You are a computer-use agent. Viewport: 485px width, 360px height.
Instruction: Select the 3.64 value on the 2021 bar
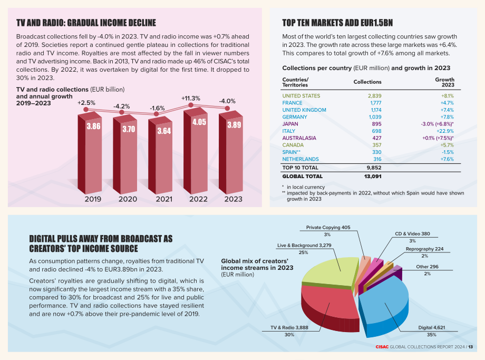pyautogui.click(x=164, y=131)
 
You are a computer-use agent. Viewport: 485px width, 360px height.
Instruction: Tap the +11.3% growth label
pyautogui.click(x=190, y=99)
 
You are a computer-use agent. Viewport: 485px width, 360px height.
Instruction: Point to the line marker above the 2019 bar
pyautogui.click(x=86, y=109)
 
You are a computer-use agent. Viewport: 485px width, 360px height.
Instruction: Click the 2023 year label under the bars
pyautogui.click(x=233, y=199)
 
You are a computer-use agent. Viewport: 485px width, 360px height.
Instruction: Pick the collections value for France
pyautogui.click(x=376, y=103)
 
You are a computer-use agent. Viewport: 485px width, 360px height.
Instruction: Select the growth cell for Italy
pyautogui.click(x=445, y=131)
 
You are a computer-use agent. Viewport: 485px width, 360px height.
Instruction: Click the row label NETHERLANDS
pyautogui.click(x=300, y=159)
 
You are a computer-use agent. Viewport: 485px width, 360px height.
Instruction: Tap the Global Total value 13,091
pyautogui.click(x=373, y=176)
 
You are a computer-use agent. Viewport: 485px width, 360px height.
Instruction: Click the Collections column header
pyautogui.click(x=367, y=82)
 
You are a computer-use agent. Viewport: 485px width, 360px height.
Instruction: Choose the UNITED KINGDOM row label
pyautogui.click(x=304, y=110)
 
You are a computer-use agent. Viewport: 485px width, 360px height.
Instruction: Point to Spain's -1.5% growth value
pyautogui.click(x=448, y=152)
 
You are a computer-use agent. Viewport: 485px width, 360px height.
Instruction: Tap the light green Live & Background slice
pyautogui.click(x=329, y=271)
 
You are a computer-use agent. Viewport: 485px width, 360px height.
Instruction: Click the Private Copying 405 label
pyautogui.click(x=328, y=227)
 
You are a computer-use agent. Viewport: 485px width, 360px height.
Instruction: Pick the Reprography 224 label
pyautogui.click(x=424, y=249)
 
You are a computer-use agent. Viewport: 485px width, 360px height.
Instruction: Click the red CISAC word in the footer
pyautogui.click(x=382, y=347)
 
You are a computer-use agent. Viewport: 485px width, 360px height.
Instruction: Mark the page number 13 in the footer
pyautogui.click(x=470, y=347)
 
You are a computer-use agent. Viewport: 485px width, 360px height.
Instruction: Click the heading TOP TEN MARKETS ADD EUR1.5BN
pyautogui.click(x=337, y=23)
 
